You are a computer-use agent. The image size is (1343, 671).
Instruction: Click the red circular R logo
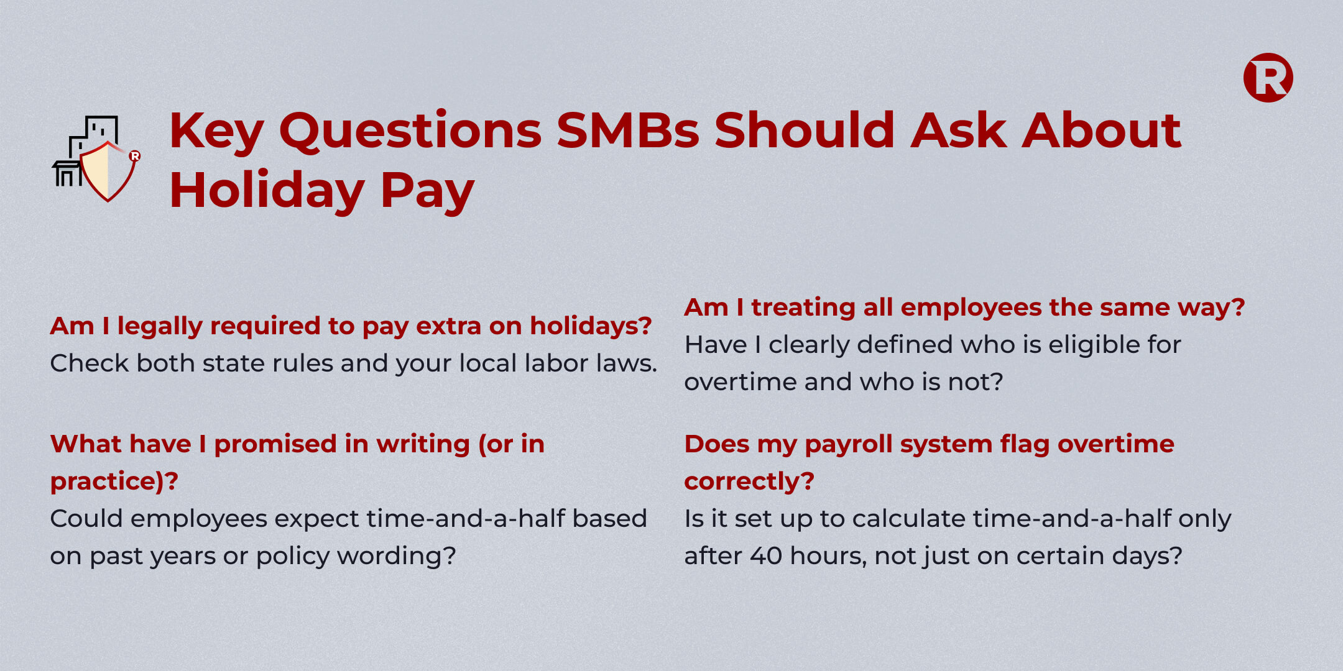1268,78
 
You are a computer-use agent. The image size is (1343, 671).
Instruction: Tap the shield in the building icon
108,171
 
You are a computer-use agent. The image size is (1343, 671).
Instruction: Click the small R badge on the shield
134,156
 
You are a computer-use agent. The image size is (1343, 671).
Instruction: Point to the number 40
766,556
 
